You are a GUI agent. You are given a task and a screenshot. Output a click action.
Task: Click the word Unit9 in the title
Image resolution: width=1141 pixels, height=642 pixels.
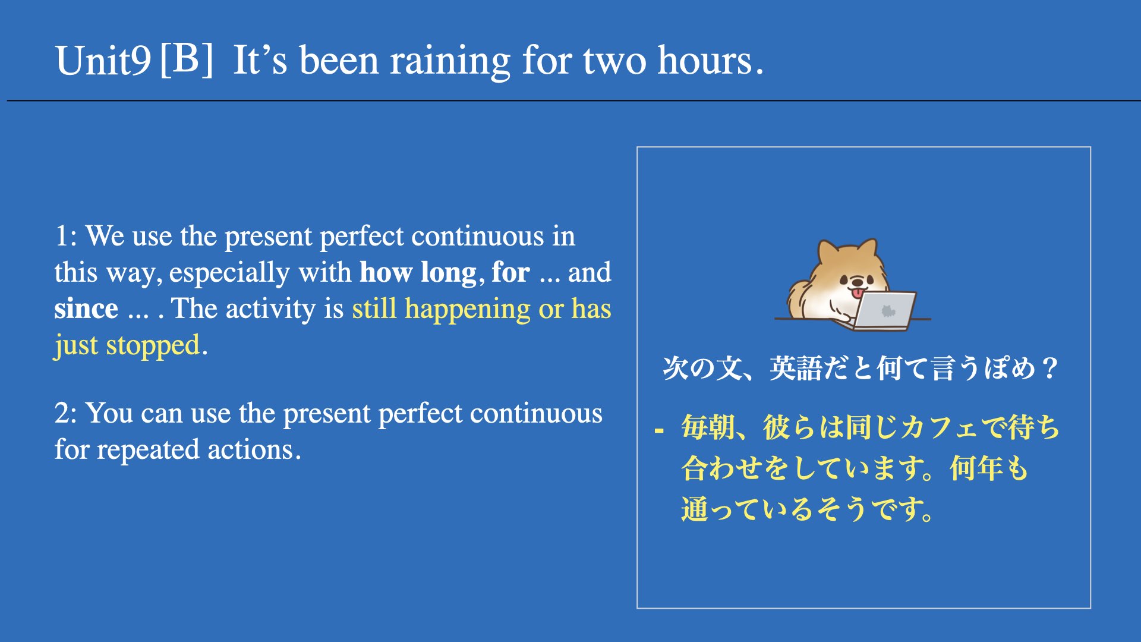coord(103,61)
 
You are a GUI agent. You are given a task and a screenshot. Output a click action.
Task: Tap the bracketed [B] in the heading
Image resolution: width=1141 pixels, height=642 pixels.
coord(187,59)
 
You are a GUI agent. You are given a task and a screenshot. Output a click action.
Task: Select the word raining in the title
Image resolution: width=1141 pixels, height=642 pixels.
coord(450,62)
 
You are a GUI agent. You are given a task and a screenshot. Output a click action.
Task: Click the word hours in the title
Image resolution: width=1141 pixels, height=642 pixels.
coord(705,61)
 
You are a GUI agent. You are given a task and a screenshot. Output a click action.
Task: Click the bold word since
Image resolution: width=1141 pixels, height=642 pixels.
coord(86,309)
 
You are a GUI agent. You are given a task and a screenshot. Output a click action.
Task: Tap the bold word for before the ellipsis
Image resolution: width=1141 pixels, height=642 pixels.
coord(510,272)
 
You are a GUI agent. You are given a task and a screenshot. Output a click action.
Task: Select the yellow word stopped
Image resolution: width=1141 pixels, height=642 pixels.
coord(153,345)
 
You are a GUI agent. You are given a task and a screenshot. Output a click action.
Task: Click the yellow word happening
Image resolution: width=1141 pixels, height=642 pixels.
coord(468,310)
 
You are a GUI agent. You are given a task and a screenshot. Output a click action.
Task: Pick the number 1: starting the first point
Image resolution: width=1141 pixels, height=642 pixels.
coord(65,236)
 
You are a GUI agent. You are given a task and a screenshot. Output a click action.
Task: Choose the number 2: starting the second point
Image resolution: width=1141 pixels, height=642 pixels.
coord(65,413)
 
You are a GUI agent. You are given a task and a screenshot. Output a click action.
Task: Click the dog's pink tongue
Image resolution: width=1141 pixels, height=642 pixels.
coord(858,293)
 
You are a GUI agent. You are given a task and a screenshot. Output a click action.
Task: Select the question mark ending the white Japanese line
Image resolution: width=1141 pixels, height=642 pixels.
coord(1050,369)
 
